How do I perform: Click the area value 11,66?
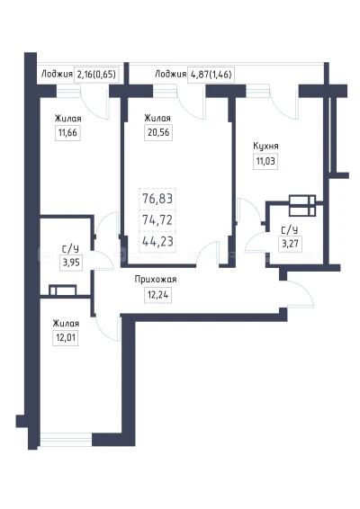[67, 133]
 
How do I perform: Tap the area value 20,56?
[158, 133]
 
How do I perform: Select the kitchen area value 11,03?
[265, 161]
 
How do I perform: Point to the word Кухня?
[265, 146]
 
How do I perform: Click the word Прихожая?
[156, 279]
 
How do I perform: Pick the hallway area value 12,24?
[157, 295]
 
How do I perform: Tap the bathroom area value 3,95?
[71, 262]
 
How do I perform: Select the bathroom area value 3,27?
[290, 244]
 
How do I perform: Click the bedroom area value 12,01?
[66, 338]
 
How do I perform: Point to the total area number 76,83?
[157, 199]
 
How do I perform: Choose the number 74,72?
[157, 220]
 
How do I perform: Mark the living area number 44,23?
[157, 242]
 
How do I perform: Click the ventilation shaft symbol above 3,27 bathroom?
[302, 205]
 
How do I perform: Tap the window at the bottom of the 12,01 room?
[66, 440]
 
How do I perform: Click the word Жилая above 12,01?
[66, 324]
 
